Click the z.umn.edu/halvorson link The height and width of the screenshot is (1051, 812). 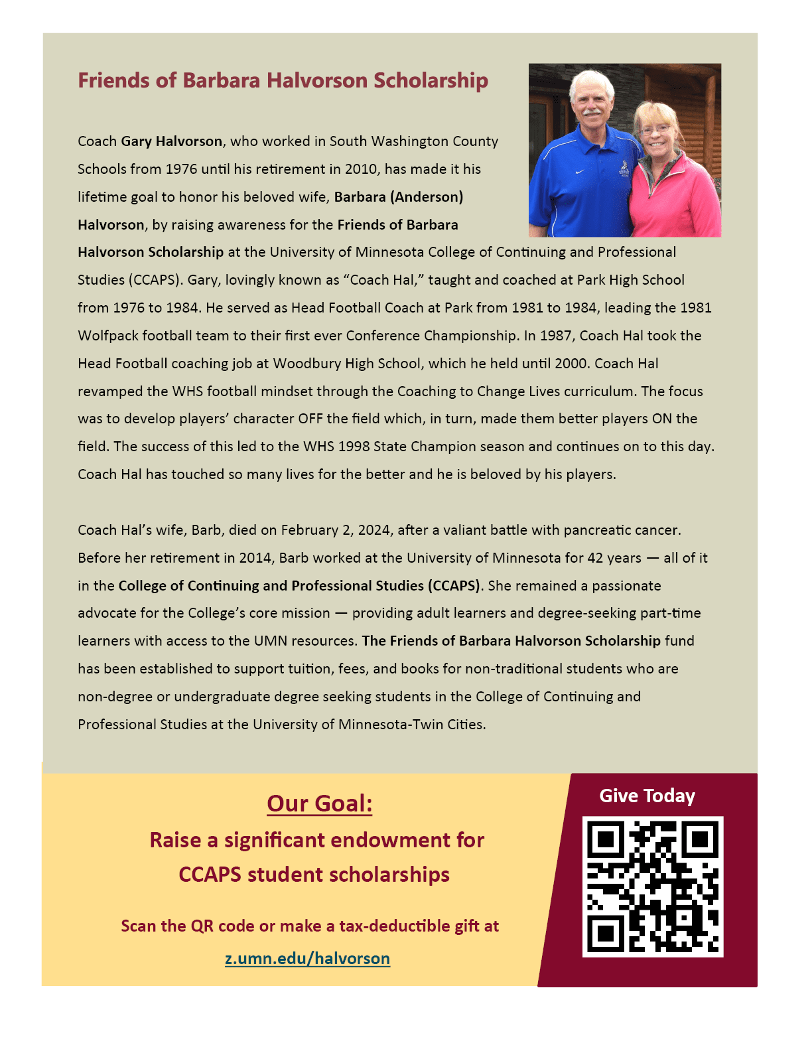(x=307, y=958)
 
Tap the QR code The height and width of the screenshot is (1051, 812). (x=653, y=886)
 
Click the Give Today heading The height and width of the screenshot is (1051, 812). (x=647, y=796)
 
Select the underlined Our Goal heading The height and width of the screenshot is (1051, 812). (x=319, y=804)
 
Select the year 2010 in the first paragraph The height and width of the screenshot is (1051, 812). (x=361, y=169)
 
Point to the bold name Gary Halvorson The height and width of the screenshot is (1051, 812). (x=171, y=141)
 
